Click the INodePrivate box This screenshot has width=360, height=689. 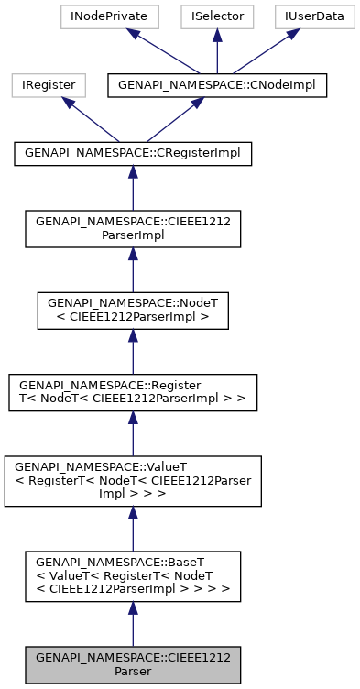coord(109,16)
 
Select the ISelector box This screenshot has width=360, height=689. coord(216,16)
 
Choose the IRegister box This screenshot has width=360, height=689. coord(49,85)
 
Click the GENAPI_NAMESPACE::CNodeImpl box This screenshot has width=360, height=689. coord(216,85)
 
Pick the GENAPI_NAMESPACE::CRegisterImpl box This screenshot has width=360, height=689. coord(133,154)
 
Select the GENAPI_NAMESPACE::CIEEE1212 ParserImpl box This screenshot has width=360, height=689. coord(133,228)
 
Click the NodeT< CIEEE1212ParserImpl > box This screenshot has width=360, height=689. coord(133,312)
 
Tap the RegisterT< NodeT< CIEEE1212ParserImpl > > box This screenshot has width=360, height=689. coord(133,391)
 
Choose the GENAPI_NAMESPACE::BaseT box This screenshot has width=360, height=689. coord(133,576)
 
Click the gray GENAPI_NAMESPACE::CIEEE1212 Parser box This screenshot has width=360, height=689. coord(133,664)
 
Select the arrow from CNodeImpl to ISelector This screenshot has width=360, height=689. coord(216,50)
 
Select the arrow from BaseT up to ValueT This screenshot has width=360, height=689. coord(133,529)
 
